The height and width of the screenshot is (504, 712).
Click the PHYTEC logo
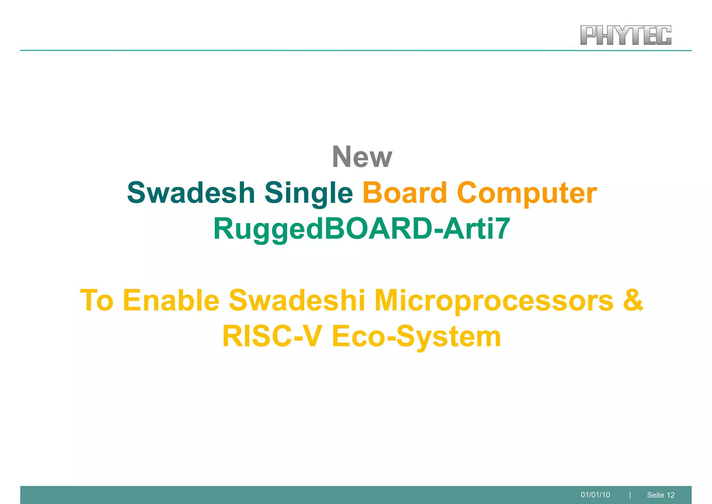coord(626,35)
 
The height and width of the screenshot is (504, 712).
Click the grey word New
coord(362,157)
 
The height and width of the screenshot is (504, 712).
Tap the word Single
coord(309,194)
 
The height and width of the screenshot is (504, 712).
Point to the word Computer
coord(527,194)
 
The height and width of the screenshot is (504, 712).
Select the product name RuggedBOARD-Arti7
coord(362,229)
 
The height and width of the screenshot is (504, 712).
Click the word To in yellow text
coord(97,300)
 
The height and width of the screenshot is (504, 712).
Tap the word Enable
coord(171,300)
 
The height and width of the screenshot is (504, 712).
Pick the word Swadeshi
coord(297,300)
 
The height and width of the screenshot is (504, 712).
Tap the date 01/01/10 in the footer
coord(595,495)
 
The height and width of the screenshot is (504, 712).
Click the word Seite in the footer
coord(656,495)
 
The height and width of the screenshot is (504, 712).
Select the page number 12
coord(671,495)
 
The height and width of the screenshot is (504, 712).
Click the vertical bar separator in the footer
coord(630,495)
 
